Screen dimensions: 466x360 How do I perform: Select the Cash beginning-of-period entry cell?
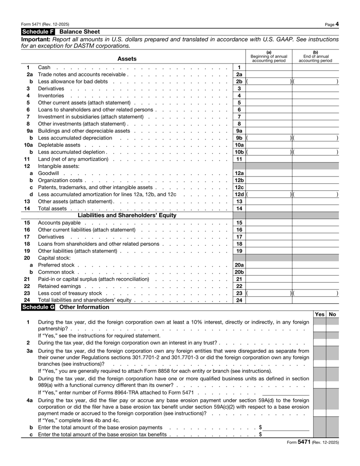point(269,67)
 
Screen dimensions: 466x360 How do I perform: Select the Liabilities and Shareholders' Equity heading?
point(127,215)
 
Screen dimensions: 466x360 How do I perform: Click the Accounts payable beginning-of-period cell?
point(269,222)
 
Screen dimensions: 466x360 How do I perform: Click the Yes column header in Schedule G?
point(320,314)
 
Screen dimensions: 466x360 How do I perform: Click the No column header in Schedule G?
point(333,314)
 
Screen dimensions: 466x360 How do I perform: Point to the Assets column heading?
point(127,59)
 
